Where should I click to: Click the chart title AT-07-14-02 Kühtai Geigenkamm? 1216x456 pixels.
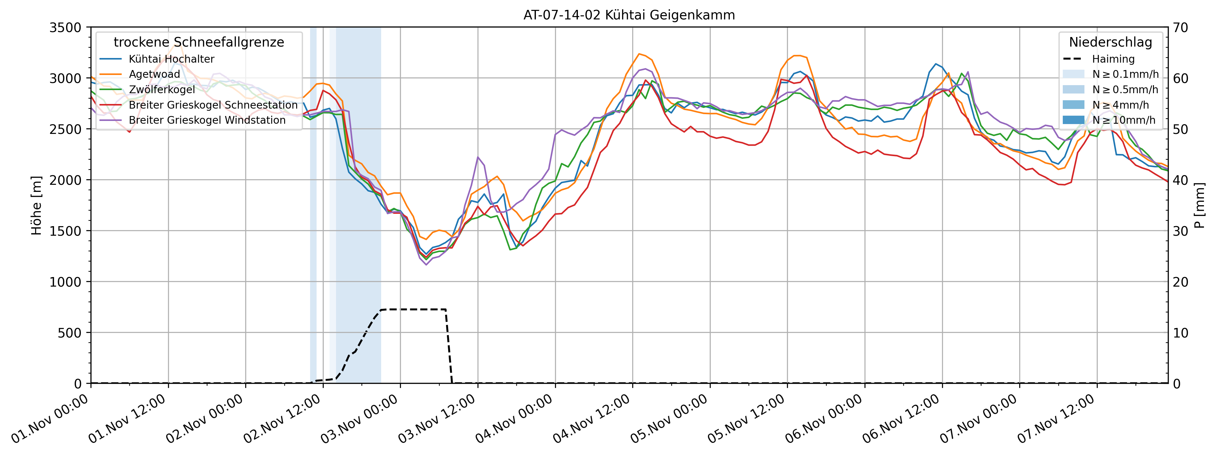click(629, 15)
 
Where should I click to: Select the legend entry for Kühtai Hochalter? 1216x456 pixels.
click(171, 59)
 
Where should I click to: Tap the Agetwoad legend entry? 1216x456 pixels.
click(154, 74)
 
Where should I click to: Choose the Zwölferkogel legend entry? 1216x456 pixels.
click(162, 89)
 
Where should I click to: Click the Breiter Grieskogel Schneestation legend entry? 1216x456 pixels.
click(213, 105)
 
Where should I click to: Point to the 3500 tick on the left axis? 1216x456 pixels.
click(65, 28)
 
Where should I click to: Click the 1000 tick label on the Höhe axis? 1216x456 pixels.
click(65, 282)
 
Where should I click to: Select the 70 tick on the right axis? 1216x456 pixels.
click(1180, 28)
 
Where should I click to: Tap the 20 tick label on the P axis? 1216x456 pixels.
click(1180, 282)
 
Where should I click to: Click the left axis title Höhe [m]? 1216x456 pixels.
click(36, 205)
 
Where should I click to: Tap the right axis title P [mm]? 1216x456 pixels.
click(1200, 205)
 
